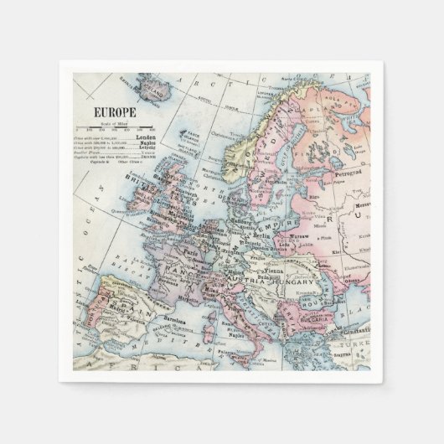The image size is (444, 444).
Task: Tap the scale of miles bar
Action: (116, 127)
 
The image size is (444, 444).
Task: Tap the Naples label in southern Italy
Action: (256, 333)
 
